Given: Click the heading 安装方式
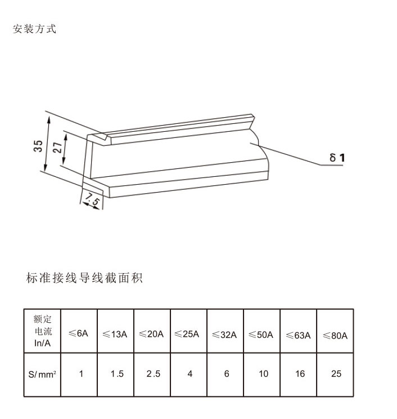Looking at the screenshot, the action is point(34,29).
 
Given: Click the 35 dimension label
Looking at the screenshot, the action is point(38,146).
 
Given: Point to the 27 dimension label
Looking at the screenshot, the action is point(57,148).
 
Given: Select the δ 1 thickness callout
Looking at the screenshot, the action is point(337,157).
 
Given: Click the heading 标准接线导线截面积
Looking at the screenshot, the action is point(84,278).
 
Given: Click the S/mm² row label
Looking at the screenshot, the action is point(42,375).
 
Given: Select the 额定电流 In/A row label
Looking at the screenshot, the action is point(42,331).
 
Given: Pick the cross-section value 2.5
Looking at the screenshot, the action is point(153,373).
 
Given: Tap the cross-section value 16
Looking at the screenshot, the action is point(300,373).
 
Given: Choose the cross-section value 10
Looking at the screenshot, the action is point(263,373).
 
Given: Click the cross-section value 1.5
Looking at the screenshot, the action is point(117,373).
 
